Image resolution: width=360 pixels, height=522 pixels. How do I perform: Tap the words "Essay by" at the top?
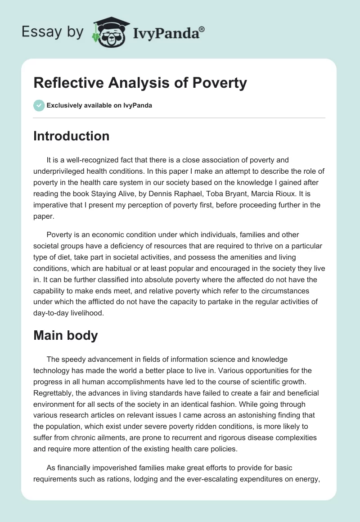53,31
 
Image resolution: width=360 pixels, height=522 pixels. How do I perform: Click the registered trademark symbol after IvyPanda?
202,29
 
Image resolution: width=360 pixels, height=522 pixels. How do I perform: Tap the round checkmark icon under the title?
39,105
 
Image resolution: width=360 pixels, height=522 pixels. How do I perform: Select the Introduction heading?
71,136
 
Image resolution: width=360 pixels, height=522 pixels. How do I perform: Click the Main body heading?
65,335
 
